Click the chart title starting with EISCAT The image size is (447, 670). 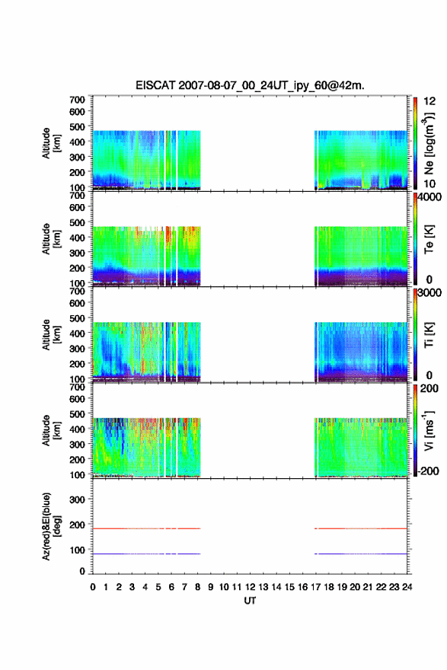pyautogui.click(x=250, y=85)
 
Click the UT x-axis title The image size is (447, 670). pyautogui.click(x=250, y=601)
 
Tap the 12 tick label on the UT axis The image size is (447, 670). pyautogui.click(x=250, y=587)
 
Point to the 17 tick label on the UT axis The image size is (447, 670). pyautogui.click(x=315, y=587)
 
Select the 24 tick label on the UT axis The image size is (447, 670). pyautogui.click(x=407, y=587)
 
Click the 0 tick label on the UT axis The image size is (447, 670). pyautogui.click(x=93, y=587)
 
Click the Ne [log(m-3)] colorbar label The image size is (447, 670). pyautogui.click(x=429, y=144)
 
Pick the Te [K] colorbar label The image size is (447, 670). pyautogui.click(x=429, y=239)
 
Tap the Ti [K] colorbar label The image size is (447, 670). pyautogui.click(x=429, y=334)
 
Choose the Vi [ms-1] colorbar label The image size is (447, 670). pyautogui.click(x=429, y=430)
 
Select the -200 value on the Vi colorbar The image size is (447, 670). pyautogui.click(x=427, y=471)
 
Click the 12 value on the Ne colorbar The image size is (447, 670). pyautogui.click(x=429, y=101)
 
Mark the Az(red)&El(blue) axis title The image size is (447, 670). pyautogui.click(x=50, y=526)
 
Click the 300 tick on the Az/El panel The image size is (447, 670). pyautogui.click(x=77, y=499)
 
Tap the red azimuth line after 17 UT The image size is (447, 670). pyautogui.click(x=361, y=528)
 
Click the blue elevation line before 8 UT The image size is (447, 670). pyautogui.click(x=146, y=554)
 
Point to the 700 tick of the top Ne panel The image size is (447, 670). pyautogui.click(x=77, y=100)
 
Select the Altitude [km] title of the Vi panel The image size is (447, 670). pyautogui.click(x=51, y=430)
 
